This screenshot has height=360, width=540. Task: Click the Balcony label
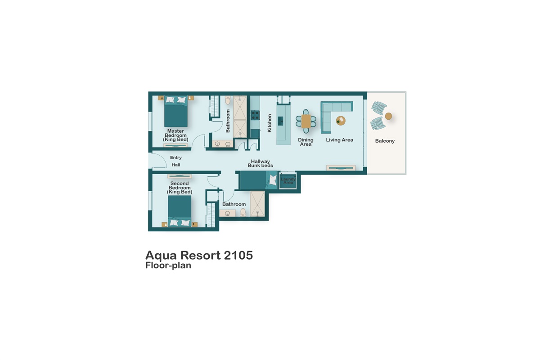click(385, 141)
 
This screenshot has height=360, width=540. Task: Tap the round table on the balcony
click(388, 116)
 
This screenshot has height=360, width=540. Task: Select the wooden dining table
click(306, 121)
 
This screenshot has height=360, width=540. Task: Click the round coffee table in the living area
click(341, 121)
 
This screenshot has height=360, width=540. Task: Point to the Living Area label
click(339, 140)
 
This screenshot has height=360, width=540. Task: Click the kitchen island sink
click(281, 120)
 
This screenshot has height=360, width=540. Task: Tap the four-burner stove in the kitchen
click(255, 115)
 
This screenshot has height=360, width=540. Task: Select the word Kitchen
click(270, 123)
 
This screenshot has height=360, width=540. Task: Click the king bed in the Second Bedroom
click(180, 211)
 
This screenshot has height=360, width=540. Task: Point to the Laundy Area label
click(288, 181)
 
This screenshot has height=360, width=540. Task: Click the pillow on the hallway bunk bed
click(273, 181)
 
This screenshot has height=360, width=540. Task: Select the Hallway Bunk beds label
click(260, 163)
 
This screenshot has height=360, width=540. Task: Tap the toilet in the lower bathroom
click(243, 212)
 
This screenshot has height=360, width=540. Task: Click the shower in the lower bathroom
click(257, 203)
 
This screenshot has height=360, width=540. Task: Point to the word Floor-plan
click(168, 265)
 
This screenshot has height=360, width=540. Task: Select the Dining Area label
click(306, 142)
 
